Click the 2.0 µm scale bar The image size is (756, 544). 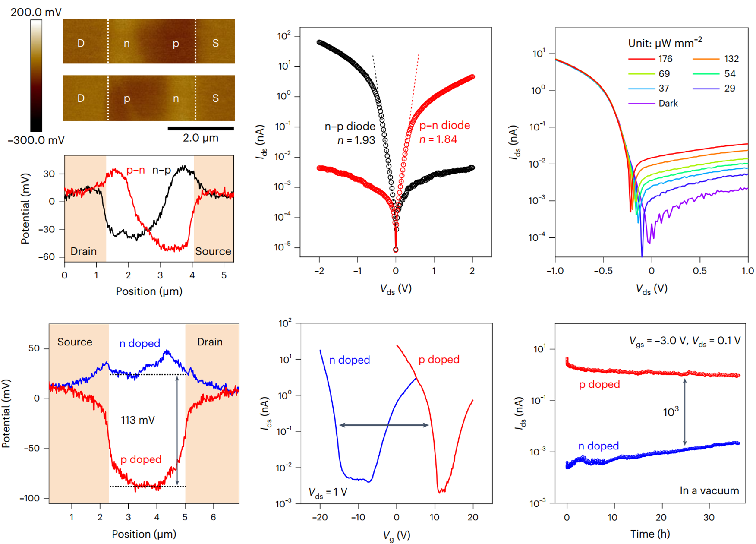[x=201, y=128]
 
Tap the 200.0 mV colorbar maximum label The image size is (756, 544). [x=36, y=12]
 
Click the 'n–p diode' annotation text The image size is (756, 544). [x=350, y=126]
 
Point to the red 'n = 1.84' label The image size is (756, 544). [x=438, y=139]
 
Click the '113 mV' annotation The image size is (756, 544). [x=138, y=420]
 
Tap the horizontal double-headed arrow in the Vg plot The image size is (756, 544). [x=384, y=425]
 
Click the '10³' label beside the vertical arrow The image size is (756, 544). [x=671, y=412]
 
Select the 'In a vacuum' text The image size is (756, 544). [x=709, y=491]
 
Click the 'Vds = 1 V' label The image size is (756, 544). [x=328, y=493]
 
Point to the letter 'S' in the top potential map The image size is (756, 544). [x=215, y=43]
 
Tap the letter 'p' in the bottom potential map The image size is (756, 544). [x=127, y=99]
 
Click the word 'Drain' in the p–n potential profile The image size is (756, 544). [x=83, y=251]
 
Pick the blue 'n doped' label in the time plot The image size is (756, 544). [x=598, y=446]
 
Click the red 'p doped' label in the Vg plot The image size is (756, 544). [x=439, y=360]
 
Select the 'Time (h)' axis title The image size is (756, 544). [x=650, y=534]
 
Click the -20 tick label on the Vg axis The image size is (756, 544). [x=319, y=517]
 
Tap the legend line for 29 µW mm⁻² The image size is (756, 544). [x=706, y=89]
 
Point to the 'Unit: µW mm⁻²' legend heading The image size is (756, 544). [x=665, y=43]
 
